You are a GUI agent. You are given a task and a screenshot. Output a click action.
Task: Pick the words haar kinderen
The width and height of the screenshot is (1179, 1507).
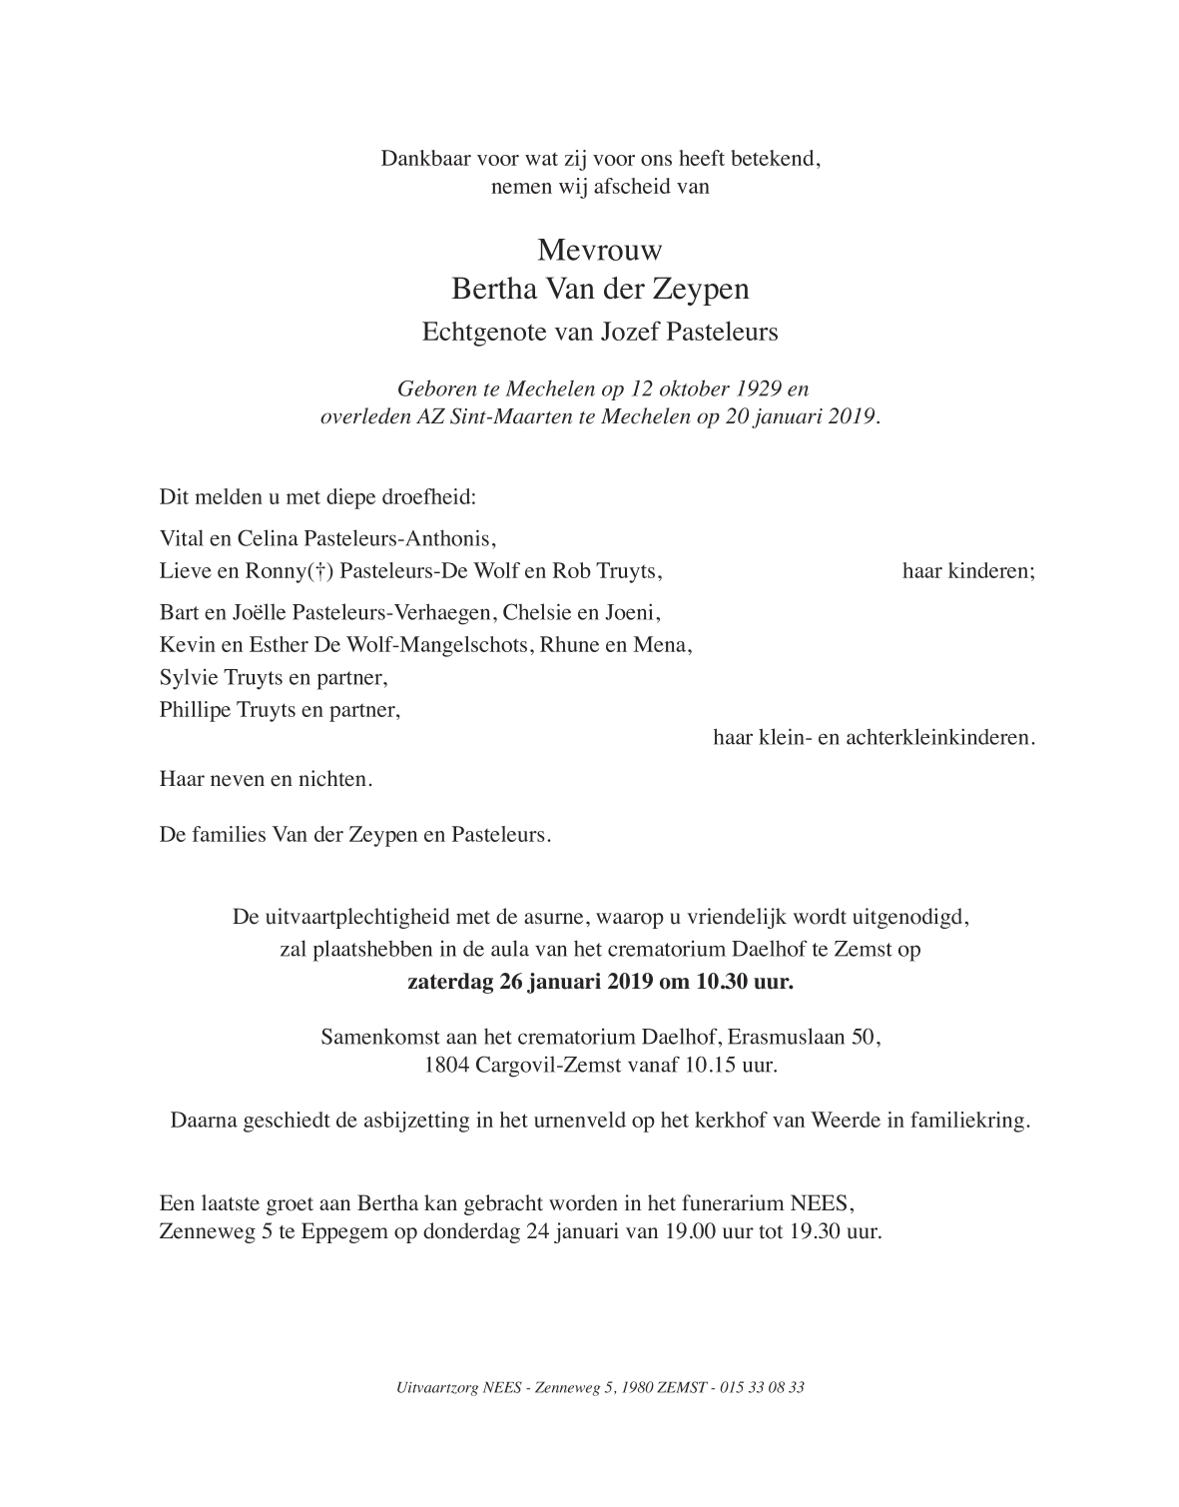tap(968, 572)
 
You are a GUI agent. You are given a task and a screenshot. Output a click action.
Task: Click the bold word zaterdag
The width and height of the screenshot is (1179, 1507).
tap(451, 982)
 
